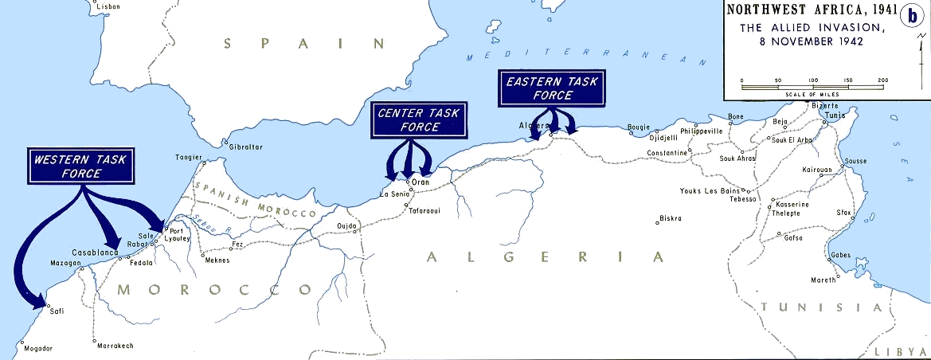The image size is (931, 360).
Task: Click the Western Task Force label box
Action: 80,167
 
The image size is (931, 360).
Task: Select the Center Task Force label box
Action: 419,120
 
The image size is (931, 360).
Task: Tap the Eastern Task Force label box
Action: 550,88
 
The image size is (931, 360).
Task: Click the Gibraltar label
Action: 245,147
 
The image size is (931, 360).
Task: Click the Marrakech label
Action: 115,346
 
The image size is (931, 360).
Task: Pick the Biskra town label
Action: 671,218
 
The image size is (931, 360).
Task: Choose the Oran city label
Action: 421,182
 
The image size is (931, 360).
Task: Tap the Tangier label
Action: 189,157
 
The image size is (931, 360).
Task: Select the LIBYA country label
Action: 901,352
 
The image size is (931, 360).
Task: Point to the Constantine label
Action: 667,152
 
